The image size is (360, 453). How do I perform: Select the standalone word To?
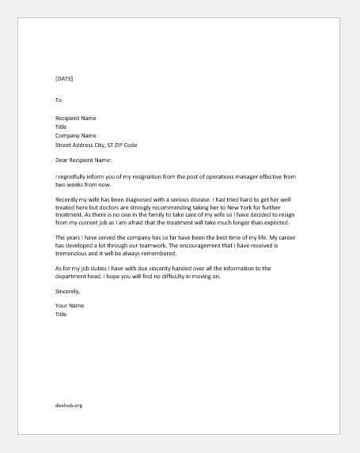(59, 100)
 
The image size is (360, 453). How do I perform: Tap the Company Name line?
(77, 135)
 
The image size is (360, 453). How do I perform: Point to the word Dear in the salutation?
(63, 160)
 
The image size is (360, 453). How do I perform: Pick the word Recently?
(69, 201)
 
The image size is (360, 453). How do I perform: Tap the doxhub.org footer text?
(70, 406)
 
